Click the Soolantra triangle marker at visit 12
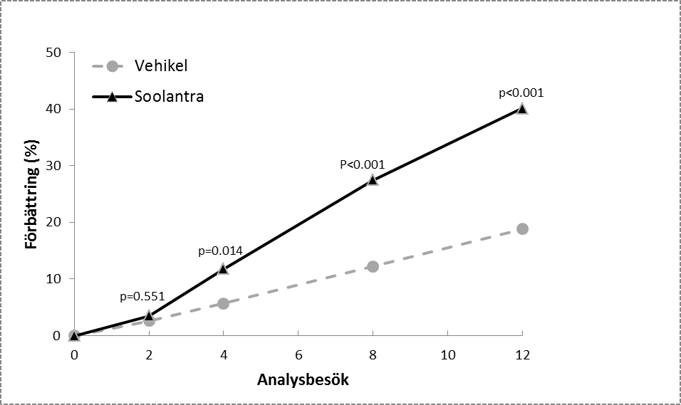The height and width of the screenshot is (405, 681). point(522,109)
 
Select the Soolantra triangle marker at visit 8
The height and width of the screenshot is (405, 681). point(373,180)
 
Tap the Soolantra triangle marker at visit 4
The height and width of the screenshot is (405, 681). point(223,269)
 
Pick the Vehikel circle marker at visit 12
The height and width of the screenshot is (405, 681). point(522,228)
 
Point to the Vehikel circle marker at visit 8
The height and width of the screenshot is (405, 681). point(373,266)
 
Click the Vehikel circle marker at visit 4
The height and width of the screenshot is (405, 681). point(223,303)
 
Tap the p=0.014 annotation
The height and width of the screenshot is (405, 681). point(220,251)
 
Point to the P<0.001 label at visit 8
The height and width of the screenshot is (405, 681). point(362,164)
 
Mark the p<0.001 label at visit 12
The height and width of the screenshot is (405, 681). point(522,92)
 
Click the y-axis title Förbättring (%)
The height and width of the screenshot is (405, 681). point(31,194)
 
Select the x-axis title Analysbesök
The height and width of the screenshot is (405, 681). point(303,379)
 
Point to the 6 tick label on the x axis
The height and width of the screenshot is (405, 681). point(298,354)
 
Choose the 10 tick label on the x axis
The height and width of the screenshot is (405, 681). point(447,354)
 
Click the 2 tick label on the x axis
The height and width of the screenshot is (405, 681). point(148,354)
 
